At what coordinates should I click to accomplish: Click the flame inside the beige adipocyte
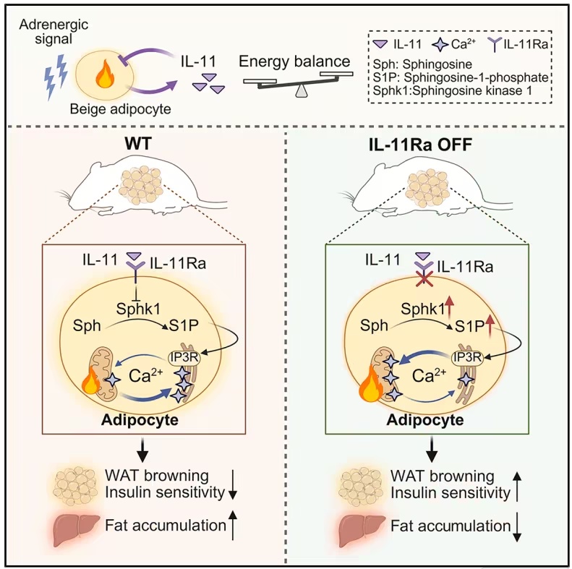tap(105, 74)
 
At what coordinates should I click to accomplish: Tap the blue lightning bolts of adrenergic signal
tap(56, 77)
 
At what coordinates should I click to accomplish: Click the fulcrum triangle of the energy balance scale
tap(301, 91)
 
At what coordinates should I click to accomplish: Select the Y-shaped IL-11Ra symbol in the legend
tap(495, 45)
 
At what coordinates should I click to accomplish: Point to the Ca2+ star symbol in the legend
tap(440, 45)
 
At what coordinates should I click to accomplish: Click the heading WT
tap(138, 144)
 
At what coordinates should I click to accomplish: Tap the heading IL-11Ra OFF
tap(420, 145)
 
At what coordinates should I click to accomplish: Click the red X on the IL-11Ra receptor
tap(424, 278)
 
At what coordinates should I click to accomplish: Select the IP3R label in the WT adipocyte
tap(184, 357)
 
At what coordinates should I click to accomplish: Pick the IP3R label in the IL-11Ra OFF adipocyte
tap(467, 357)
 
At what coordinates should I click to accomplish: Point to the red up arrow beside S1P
tap(490, 326)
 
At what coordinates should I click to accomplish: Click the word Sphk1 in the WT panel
tap(138, 309)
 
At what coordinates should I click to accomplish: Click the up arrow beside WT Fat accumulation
tap(234, 525)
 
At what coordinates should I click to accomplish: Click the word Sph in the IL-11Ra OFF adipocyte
tap(374, 325)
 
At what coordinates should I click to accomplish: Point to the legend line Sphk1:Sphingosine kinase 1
tap(453, 90)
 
